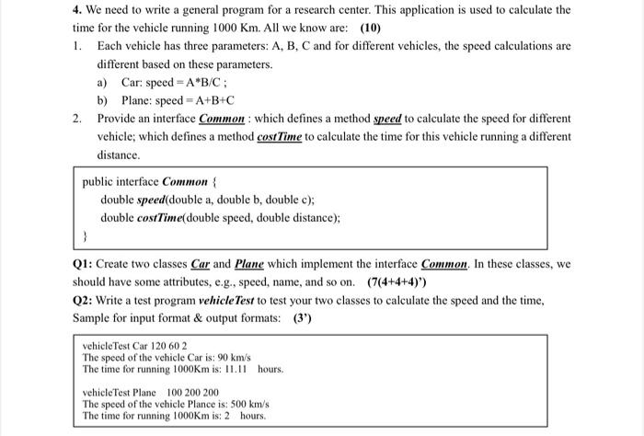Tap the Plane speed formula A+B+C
[212, 100]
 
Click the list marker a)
[102, 82]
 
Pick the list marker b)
[103, 100]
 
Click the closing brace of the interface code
[85, 235]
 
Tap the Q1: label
[83, 264]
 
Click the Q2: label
[83, 301]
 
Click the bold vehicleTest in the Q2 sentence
[195, 301]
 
